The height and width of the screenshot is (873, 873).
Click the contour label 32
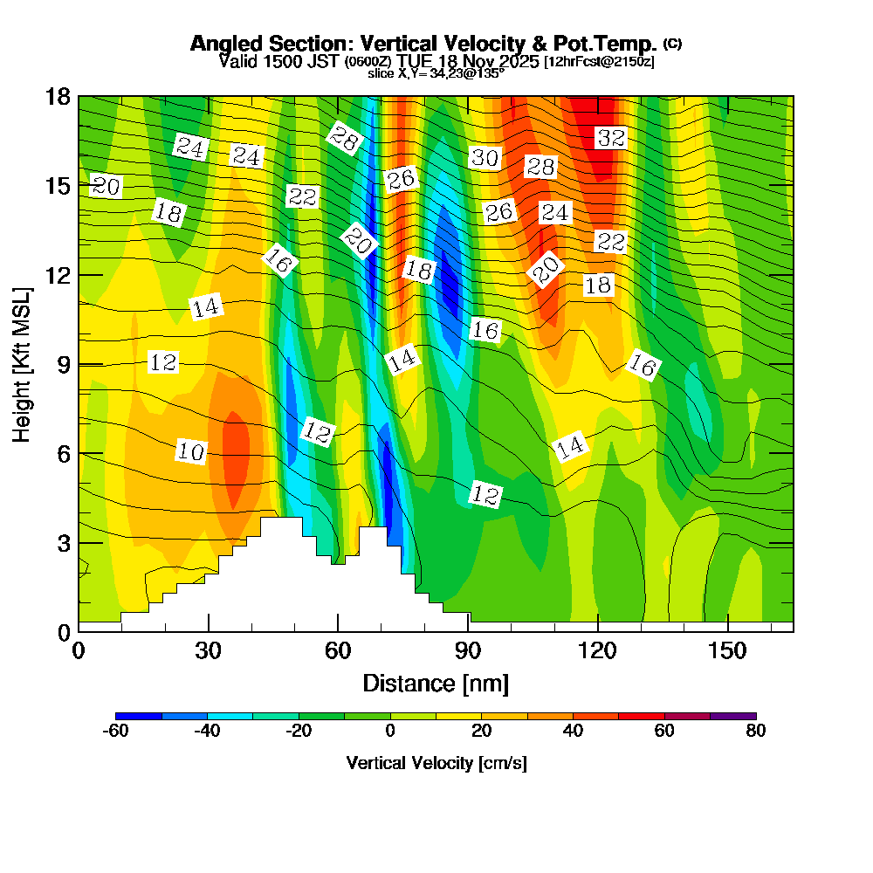tap(612, 137)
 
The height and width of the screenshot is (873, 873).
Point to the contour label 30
tap(485, 158)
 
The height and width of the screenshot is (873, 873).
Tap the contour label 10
tap(190, 451)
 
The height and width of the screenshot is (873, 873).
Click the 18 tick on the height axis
tap(58, 96)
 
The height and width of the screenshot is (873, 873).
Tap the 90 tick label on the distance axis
tap(467, 650)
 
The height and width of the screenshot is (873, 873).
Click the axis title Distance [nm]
tap(436, 683)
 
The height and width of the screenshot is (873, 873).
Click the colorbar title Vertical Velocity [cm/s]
tap(436, 763)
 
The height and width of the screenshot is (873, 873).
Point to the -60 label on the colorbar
tap(115, 731)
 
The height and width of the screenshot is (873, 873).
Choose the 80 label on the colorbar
tap(756, 731)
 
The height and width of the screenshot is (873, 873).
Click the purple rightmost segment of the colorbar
tap(733, 716)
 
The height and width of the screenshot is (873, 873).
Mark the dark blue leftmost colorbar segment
tap(138, 716)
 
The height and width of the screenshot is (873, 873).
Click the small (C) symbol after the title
tap(672, 43)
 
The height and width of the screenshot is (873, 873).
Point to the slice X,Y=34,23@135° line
tap(436, 74)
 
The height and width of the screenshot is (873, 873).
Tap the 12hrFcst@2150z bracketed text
tap(599, 62)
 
